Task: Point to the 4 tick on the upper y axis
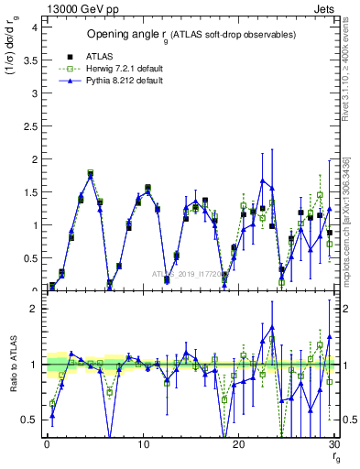(33, 27)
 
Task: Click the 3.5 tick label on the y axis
(29, 60)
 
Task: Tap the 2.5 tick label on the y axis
(29, 126)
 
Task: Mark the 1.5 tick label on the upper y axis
(29, 192)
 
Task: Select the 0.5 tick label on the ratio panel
(29, 420)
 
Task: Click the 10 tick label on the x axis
(142, 445)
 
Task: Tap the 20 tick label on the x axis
(238, 445)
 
